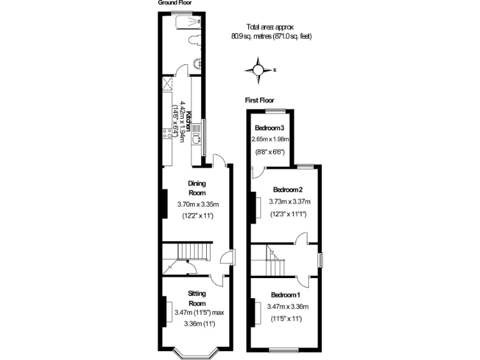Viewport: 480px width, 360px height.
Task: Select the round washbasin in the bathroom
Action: [197, 63]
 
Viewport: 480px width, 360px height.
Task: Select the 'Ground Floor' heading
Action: [174, 3]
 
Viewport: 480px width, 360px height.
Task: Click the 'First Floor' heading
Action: [259, 100]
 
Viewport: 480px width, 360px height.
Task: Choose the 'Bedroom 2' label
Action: [287, 189]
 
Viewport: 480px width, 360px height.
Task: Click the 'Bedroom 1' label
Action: [286, 294]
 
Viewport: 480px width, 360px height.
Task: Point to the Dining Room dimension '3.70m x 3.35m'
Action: [197, 204]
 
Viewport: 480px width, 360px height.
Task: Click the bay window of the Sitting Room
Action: [196, 352]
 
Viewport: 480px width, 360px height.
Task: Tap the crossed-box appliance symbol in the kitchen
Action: [168, 83]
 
